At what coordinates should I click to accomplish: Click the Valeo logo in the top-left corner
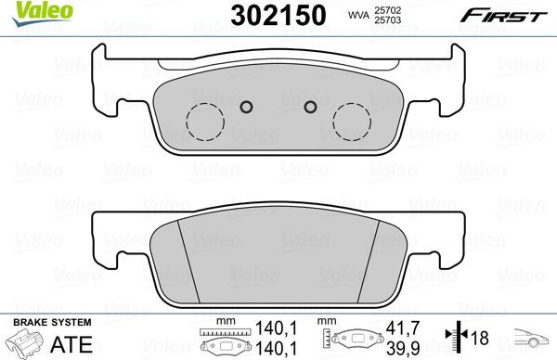click(30, 11)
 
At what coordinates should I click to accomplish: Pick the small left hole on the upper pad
click(246, 107)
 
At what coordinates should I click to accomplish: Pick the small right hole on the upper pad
click(309, 107)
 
